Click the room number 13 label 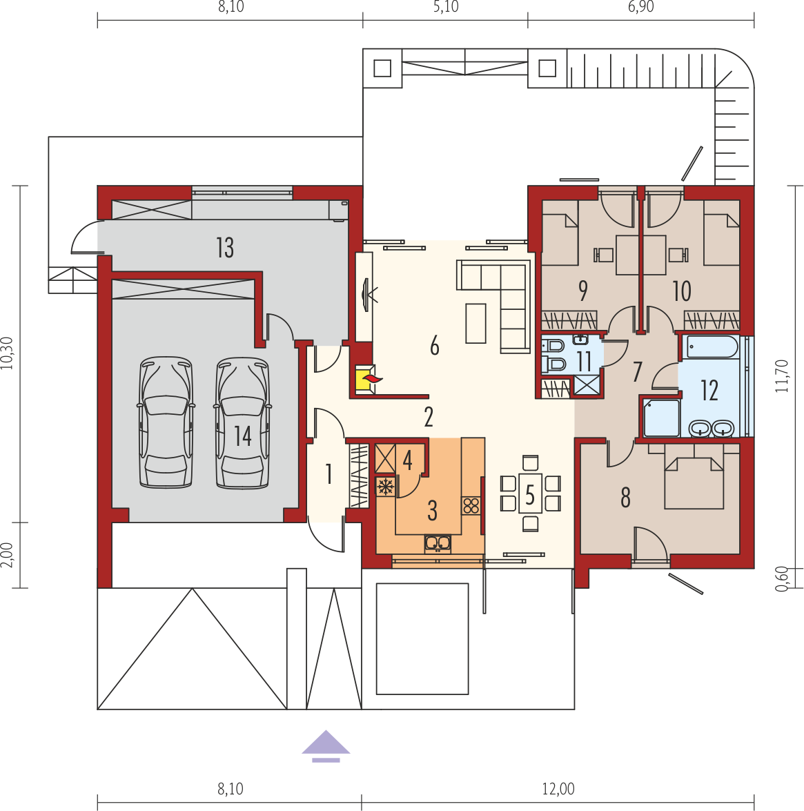click(x=226, y=248)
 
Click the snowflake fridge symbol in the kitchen click(x=384, y=487)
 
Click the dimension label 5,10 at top click(x=446, y=7)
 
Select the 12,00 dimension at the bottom click(x=558, y=790)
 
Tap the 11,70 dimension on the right click(x=783, y=376)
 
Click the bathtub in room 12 click(x=712, y=347)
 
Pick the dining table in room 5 click(x=530, y=493)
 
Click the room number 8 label click(x=626, y=498)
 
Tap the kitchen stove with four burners click(x=471, y=505)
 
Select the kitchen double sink click(x=438, y=543)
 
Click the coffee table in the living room click(x=475, y=323)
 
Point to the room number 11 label click(x=585, y=361)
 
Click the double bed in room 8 click(x=694, y=476)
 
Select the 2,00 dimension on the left click(x=7, y=555)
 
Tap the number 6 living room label click(x=435, y=346)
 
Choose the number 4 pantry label click(x=407, y=460)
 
